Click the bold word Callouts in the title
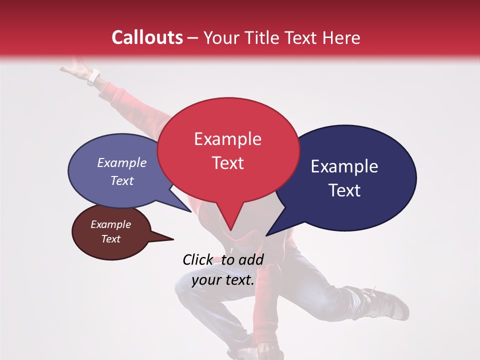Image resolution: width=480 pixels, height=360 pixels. (147, 37)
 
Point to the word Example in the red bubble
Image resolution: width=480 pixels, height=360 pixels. (227, 139)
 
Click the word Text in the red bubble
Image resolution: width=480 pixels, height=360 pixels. (227, 163)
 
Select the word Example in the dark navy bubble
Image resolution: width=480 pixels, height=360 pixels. (344, 166)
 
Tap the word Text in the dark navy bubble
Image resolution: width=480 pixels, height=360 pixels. (344, 190)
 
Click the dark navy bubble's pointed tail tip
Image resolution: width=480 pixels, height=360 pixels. (266, 235)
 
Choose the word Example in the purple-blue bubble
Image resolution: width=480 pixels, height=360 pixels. (122, 162)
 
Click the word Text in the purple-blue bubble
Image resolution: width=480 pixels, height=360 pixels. (122, 180)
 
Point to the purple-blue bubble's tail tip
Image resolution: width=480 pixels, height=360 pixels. (191, 211)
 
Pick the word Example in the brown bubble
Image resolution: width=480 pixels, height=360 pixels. (111, 224)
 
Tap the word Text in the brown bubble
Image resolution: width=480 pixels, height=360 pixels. (111, 239)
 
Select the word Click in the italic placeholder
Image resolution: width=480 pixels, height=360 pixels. (198, 259)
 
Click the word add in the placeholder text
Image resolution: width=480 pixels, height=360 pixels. (250, 259)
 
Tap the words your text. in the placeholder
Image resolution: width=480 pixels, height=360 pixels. (223, 280)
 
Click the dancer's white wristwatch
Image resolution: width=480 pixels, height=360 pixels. (93, 77)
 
